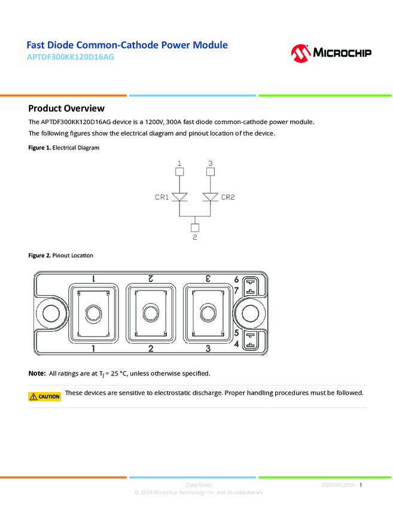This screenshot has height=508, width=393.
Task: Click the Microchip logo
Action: click(x=331, y=53)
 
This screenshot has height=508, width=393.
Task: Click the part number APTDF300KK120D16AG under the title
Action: click(x=70, y=57)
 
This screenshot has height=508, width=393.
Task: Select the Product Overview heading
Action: click(x=66, y=108)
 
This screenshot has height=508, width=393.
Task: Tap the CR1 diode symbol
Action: click(x=179, y=197)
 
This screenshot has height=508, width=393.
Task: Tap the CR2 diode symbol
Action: click(x=210, y=197)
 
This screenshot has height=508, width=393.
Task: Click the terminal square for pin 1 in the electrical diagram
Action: click(x=179, y=172)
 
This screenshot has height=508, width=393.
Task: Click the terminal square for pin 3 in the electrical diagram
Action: click(x=210, y=172)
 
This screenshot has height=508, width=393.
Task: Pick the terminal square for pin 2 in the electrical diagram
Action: click(x=194, y=227)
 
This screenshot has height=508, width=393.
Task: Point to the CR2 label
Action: click(x=228, y=197)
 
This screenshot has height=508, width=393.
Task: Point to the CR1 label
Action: click(x=162, y=197)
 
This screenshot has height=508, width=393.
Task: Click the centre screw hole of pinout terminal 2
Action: click(x=151, y=314)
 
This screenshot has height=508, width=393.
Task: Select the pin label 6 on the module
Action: click(x=237, y=279)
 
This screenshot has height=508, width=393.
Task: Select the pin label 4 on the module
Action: click(x=237, y=344)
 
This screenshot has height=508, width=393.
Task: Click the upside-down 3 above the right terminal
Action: click(x=208, y=279)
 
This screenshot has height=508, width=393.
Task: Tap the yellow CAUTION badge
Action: click(x=45, y=396)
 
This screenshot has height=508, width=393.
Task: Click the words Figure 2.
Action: click(x=39, y=256)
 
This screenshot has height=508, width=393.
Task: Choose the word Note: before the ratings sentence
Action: click(x=37, y=374)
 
